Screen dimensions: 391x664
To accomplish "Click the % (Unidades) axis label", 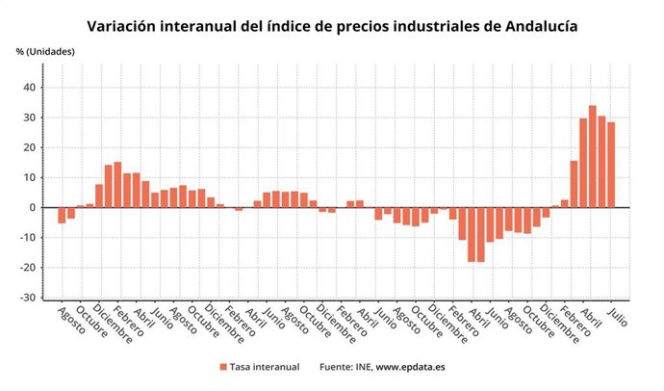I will click(44, 50).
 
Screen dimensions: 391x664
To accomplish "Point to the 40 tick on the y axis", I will click(29, 88).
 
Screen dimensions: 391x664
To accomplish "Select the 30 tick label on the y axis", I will click(29, 117).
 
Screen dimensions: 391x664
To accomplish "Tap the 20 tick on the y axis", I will click(29, 147).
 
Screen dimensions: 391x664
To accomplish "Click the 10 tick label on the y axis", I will click(29, 177).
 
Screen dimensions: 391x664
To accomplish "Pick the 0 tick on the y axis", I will click(32, 207).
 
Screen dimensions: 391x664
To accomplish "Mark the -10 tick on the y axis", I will click(27, 238).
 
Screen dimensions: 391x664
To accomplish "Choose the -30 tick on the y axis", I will click(27, 298).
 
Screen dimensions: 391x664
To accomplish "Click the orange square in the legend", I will click(223, 367).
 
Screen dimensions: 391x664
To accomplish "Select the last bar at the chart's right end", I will click(611, 165).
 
